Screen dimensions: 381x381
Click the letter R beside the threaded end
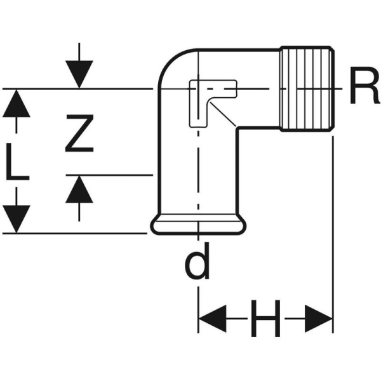point(363,90)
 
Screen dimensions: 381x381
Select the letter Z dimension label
point(79,133)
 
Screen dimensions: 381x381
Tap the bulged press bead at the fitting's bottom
point(197,225)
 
